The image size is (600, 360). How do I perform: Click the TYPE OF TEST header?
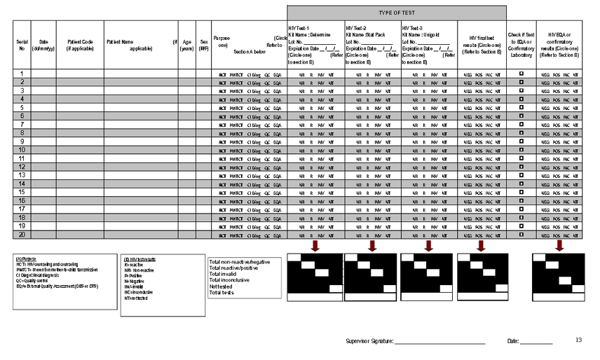(396, 13)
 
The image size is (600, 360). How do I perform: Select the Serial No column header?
(22, 46)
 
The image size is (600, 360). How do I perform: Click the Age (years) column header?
(187, 46)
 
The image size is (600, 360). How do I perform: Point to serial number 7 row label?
(22, 124)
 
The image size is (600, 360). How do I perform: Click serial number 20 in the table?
(22, 234)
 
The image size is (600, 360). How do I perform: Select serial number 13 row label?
(22, 175)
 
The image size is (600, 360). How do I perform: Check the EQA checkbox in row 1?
(521, 74)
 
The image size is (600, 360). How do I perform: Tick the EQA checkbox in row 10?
(521, 150)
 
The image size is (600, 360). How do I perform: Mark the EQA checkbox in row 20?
(521, 235)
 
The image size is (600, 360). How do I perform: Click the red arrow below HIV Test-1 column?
(315, 246)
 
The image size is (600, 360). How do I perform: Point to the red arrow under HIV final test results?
(480, 246)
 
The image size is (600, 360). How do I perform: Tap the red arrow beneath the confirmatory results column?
(559, 246)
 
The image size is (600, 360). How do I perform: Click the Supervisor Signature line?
(440, 341)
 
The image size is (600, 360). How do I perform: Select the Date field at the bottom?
(536, 341)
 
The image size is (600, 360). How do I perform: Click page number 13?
(579, 340)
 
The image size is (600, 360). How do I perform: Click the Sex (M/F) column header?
(204, 46)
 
